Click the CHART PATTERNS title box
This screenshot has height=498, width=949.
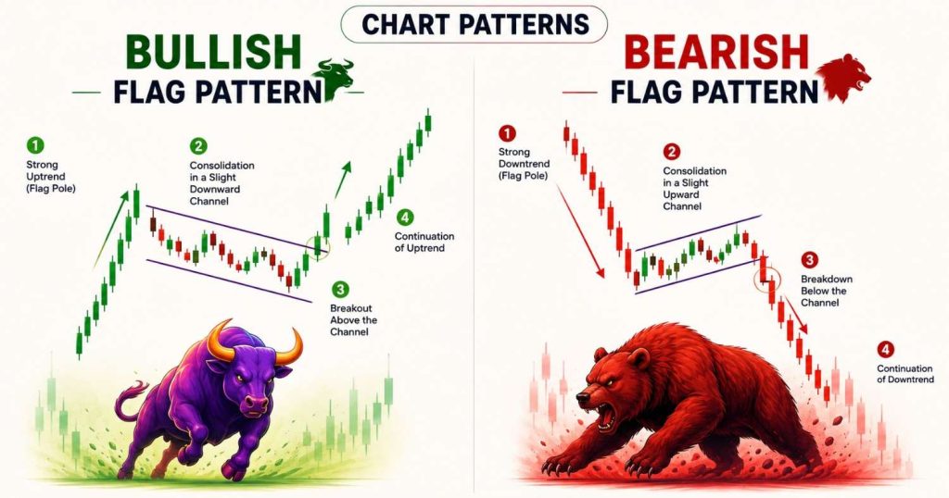[x=474, y=24]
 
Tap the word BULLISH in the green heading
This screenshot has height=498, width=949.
[x=214, y=52]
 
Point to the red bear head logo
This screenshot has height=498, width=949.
[x=844, y=79]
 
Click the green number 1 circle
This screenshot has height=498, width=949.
[x=35, y=145]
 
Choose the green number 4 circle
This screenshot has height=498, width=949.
[x=404, y=218]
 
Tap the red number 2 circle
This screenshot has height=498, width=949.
[x=671, y=152]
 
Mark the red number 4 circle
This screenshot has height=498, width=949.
[x=885, y=349]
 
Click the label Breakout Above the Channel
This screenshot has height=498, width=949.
[x=353, y=320]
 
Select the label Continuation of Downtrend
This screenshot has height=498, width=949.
[x=905, y=374]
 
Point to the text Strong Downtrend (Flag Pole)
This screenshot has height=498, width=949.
[x=525, y=164]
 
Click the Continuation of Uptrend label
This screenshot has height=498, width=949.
[x=424, y=243]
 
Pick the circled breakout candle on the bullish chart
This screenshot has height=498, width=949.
[x=319, y=246]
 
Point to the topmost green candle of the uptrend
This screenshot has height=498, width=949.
[x=428, y=121]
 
